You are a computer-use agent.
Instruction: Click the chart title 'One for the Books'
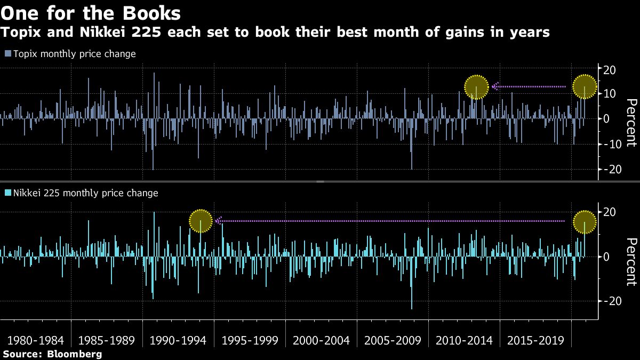(x=91, y=12)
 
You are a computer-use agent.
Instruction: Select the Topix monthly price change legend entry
(x=70, y=54)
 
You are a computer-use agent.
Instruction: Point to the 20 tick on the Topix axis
(x=610, y=69)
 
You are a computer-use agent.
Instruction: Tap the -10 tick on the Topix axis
(x=608, y=144)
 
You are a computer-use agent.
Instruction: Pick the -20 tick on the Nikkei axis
(x=608, y=301)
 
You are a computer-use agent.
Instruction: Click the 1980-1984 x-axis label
(x=35, y=340)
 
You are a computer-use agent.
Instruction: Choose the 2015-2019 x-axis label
(x=535, y=340)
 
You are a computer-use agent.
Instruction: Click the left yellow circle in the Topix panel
(x=476, y=87)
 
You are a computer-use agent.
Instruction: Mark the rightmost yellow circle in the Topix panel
(x=585, y=87)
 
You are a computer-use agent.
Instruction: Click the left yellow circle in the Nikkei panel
(x=201, y=221)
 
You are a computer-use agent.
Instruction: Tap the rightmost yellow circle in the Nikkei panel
(x=585, y=221)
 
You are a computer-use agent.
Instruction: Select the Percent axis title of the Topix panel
(x=630, y=123)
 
